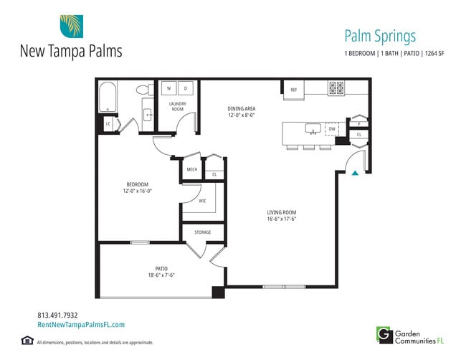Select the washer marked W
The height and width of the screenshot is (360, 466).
tap(169, 89)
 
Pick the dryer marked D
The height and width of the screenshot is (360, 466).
tap(185, 89)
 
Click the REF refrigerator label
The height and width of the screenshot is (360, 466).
tap(293, 90)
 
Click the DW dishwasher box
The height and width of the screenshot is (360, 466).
tap(332, 129)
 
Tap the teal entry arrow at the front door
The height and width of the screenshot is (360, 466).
tap(354, 171)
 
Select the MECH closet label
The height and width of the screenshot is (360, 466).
tap(191, 169)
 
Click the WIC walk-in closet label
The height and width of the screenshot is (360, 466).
tap(203, 201)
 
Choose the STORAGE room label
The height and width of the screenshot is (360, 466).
tap(203, 232)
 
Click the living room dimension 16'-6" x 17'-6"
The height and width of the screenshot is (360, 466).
tap(281, 219)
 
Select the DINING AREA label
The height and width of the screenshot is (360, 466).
tap(242, 109)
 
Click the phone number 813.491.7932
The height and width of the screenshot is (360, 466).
tap(57, 315)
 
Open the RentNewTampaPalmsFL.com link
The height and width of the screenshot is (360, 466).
tap(80, 325)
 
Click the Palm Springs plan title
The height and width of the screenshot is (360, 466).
tap(380, 37)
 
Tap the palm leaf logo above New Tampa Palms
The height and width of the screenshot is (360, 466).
tap(71, 27)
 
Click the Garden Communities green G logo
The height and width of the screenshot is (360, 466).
tap(384, 333)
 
